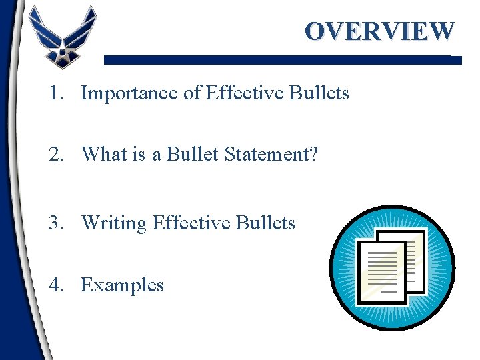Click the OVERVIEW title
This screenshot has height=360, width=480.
pyautogui.click(x=379, y=31)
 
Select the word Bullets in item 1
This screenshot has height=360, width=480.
pyautogui.click(x=319, y=93)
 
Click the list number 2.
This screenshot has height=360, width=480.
pyautogui.click(x=55, y=155)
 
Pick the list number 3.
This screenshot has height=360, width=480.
pyautogui.click(x=55, y=223)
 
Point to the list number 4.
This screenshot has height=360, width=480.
pyautogui.click(x=55, y=285)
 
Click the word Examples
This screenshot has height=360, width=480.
pyautogui.click(x=122, y=285)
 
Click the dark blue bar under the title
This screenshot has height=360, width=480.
pyautogui.click(x=280, y=59)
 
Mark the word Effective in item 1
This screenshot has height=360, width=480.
pyautogui.click(x=246, y=93)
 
